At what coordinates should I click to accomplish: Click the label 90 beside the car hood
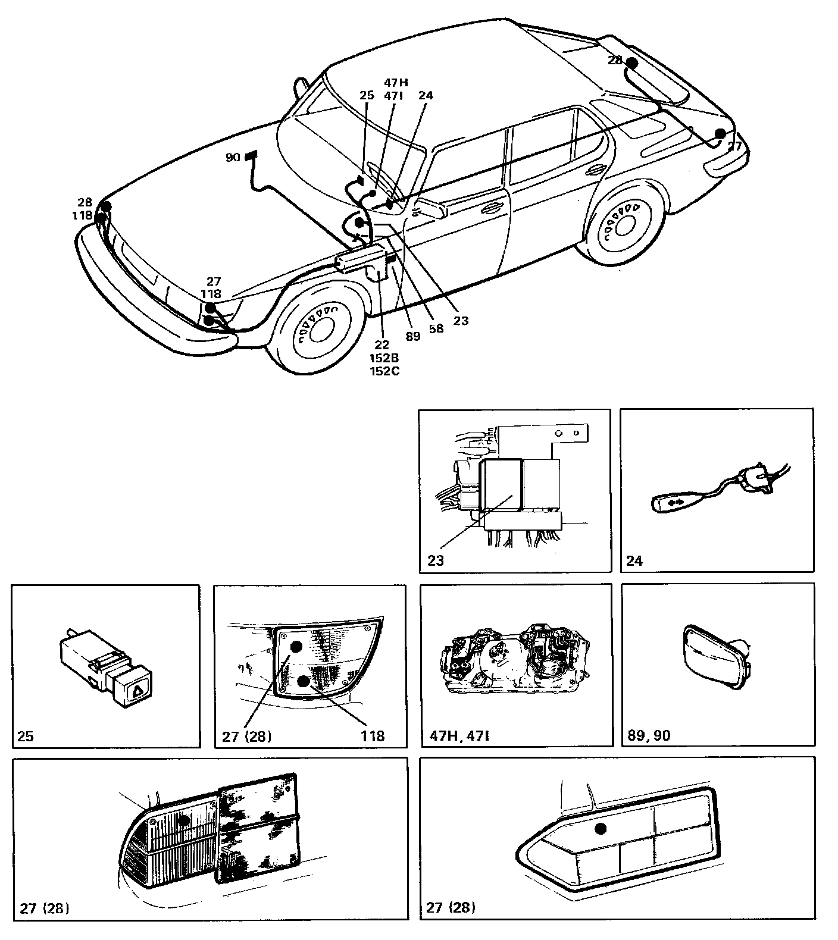[233, 158]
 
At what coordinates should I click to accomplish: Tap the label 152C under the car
[384, 371]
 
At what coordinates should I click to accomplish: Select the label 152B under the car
[384, 358]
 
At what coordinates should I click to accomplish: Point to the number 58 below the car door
[436, 328]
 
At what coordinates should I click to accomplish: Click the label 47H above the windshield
[396, 83]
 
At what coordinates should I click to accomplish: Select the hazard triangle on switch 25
[137, 691]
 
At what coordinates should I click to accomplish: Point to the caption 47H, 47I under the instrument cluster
[459, 736]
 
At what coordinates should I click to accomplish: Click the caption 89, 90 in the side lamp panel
[649, 736]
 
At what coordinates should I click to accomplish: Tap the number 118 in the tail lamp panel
[373, 736]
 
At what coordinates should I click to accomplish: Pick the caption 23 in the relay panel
[436, 560]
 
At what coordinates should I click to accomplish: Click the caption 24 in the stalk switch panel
[634, 560]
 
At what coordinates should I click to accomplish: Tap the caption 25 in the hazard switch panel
[26, 736]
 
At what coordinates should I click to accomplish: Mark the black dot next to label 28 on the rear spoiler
[632, 63]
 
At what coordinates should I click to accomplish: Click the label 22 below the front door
[382, 345]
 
